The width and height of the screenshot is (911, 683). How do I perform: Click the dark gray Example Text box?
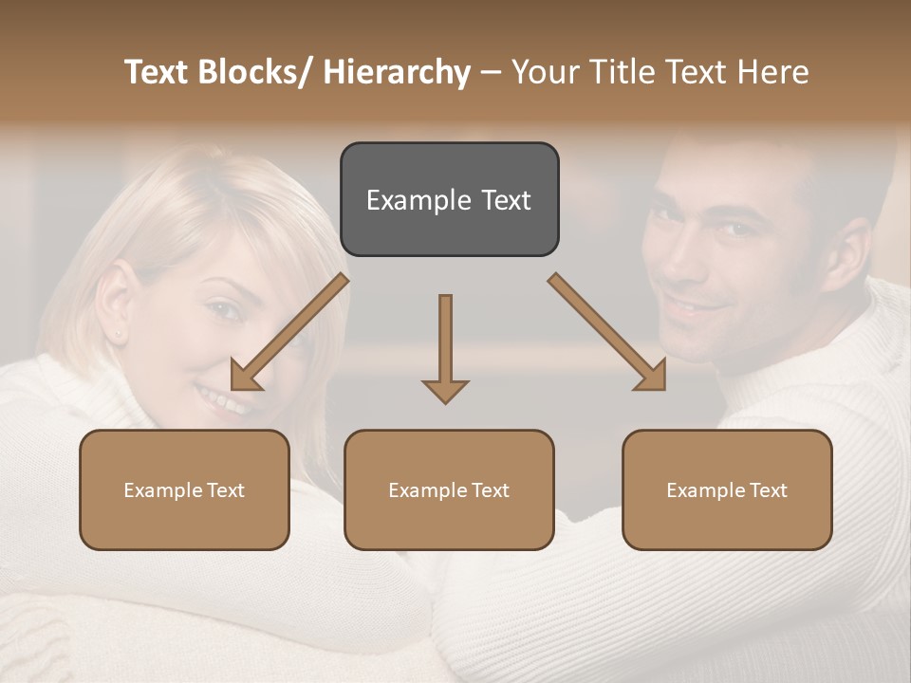tap(449, 200)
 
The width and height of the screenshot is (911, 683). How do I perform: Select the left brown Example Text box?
tap(184, 489)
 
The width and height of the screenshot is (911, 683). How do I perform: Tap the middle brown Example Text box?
tap(449, 489)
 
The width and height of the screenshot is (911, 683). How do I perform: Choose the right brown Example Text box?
tap(727, 489)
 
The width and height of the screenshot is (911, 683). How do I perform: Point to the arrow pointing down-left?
tap(289, 332)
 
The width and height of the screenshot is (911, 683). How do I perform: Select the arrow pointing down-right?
tap(607, 332)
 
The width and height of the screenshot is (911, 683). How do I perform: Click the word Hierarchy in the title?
tap(397, 73)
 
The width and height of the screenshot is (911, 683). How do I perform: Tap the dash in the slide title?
tap(491, 73)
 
